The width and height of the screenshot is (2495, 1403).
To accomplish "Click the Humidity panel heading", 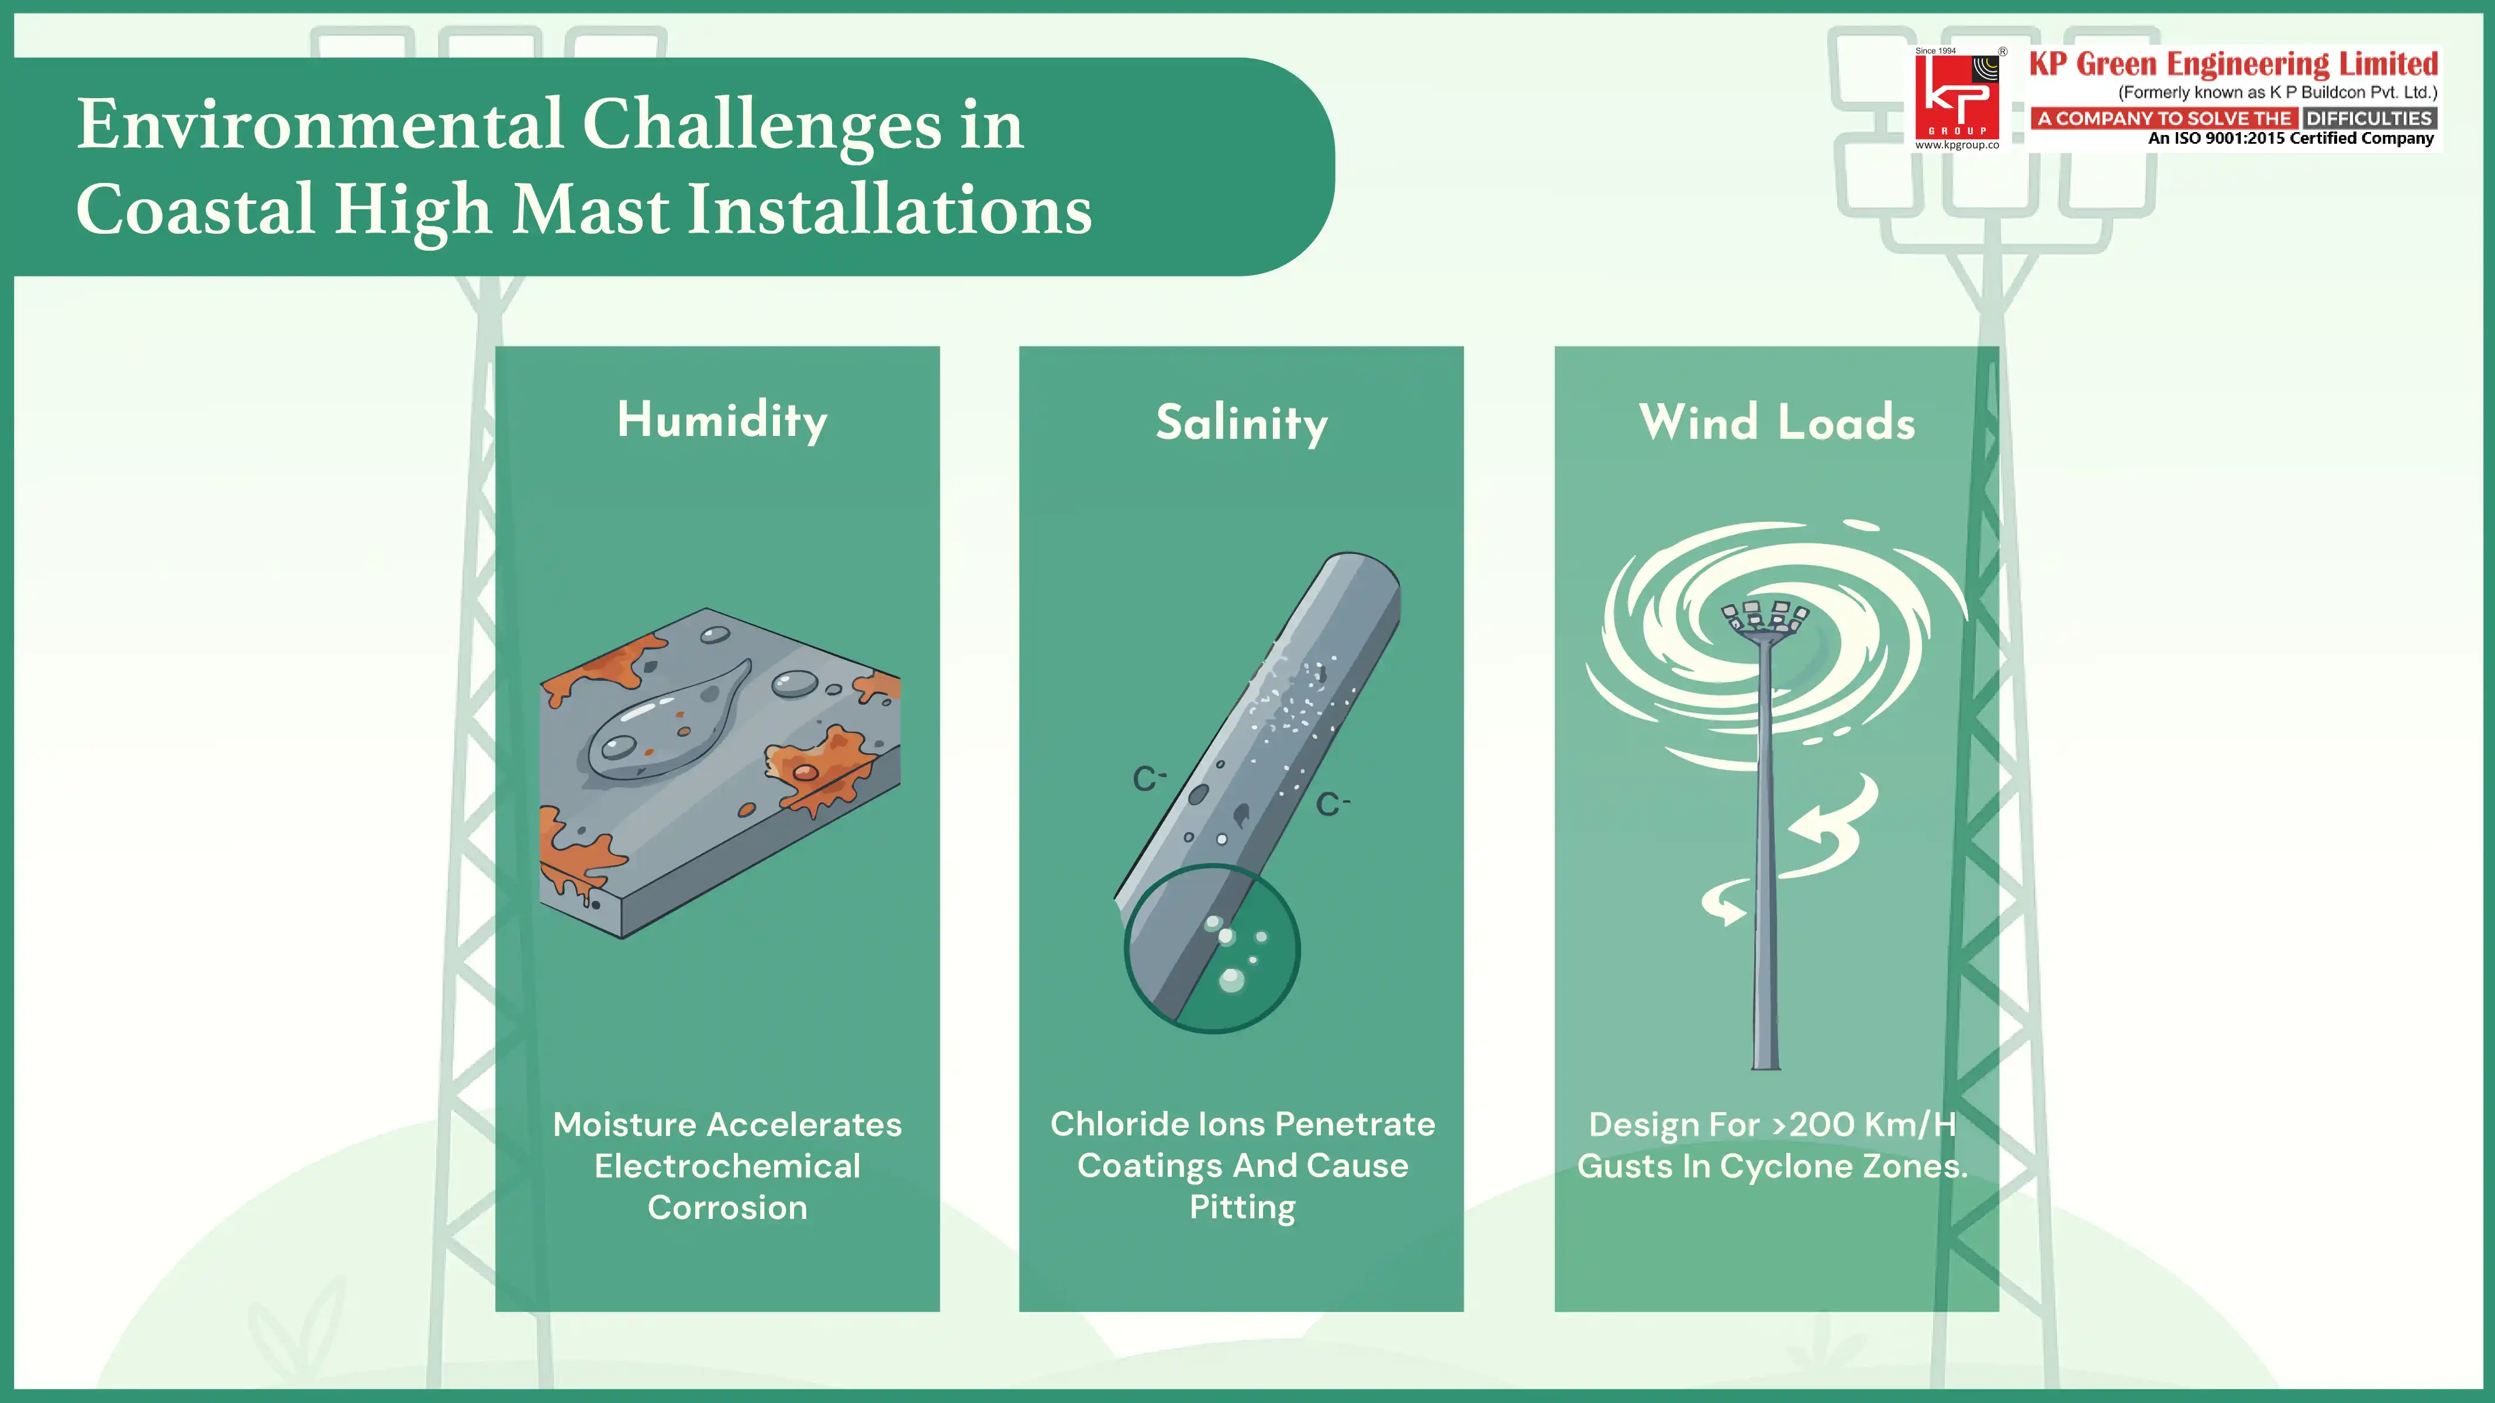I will pos(722,420).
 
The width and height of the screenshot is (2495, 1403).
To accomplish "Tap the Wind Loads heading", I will pos(1776,423).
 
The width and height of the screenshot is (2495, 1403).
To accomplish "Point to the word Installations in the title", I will pos(889,209).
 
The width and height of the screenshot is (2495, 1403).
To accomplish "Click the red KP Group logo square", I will pos(1956,97).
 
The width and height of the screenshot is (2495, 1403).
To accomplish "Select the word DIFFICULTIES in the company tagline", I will pos(2368,118).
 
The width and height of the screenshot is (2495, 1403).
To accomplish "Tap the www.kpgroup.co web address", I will pos(1956,146).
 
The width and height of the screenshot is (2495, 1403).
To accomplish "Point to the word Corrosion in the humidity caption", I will pos(726,1207).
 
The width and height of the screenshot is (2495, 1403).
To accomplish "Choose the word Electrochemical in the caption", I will pos(726,1166).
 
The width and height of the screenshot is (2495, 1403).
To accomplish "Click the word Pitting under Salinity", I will pos(1242,1207).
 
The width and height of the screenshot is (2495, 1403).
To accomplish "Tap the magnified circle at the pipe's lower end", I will pos(1212,949).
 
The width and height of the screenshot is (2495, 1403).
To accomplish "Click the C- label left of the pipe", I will pos(1149,778).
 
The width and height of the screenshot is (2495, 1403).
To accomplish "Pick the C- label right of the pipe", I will pos(1332,803).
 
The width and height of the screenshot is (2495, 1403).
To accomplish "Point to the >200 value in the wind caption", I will pos(1813,1124).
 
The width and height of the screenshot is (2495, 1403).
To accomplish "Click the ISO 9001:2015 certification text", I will pos(2290,138).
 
